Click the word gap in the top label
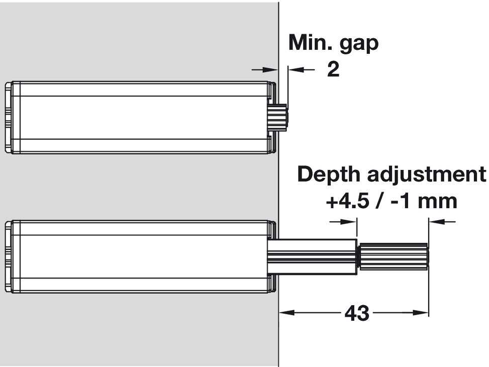[359, 45]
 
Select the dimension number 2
[333, 69]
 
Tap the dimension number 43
[357, 313]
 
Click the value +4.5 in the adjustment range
[347, 201]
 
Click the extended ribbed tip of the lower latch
[394, 256]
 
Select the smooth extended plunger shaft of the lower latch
[312, 257]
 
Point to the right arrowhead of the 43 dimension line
[421, 312]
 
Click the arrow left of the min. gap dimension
[264, 69]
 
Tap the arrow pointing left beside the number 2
[301, 69]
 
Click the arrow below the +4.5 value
[343, 222]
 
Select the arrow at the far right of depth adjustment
[442, 222]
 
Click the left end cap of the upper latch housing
[9, 117]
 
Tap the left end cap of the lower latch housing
[9, 257]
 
